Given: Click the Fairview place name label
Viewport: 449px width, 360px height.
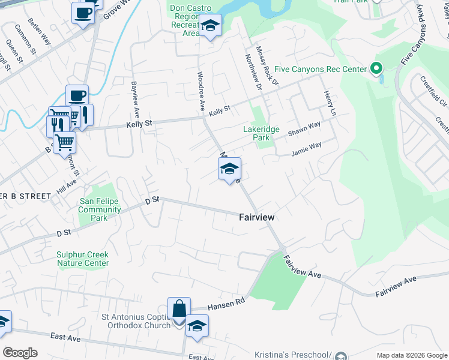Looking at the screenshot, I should [x=258, y=219].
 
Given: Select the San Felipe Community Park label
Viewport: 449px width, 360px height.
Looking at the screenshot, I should [x=100, y=210].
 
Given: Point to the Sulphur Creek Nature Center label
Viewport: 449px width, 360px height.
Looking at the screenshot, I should [x=83, y=259].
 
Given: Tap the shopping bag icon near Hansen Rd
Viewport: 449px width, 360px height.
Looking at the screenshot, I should [x=179, y=309].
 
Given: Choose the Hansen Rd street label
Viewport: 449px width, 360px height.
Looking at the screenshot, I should [x=227, y=306].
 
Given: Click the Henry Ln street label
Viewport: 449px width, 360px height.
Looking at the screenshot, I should [x=328, y=103].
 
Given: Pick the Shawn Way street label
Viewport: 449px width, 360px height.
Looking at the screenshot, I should [x=304, y=128].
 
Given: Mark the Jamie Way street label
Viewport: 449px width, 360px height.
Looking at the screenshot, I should [x=306, y=149].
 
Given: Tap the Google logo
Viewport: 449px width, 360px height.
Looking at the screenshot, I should [x=20, y=353].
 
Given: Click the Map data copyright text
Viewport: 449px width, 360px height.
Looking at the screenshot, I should [x=411, y=355].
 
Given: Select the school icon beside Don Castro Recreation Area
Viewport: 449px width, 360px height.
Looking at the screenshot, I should [x=210, y=26].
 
